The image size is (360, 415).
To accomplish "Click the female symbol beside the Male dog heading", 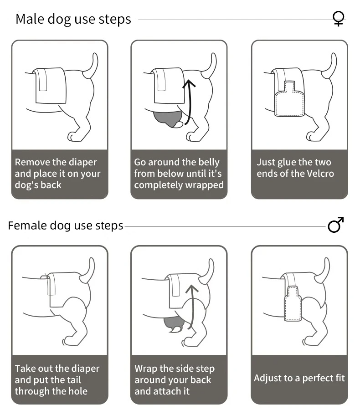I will coord(338,19).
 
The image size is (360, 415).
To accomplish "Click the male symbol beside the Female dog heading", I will coord(335,225).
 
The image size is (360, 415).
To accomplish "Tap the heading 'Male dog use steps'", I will coord(73,19).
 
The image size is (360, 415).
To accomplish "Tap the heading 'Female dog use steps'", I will coord(66,225).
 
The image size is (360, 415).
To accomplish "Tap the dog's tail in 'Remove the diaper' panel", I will coord(93,65).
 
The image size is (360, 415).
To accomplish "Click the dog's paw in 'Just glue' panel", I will coord(313,136).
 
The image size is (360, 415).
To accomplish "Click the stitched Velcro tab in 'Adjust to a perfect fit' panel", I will coord(293,303).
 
